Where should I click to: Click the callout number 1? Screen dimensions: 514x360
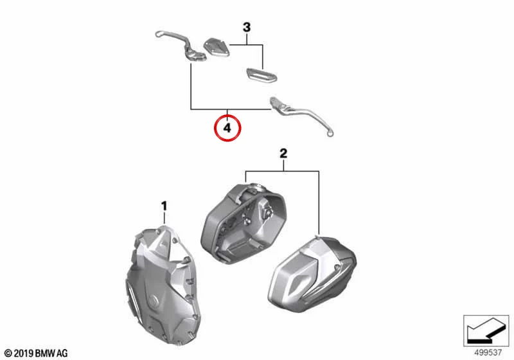164,206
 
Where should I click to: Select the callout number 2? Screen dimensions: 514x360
283,153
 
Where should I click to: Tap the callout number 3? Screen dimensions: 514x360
247,27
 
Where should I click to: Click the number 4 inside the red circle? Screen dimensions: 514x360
227,128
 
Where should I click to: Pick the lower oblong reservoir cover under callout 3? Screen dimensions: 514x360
261,75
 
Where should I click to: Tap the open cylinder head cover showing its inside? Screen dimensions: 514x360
244,221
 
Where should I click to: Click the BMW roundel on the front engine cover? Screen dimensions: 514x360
153,301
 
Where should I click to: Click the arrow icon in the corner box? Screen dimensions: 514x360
486,330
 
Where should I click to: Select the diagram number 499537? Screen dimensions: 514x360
488,353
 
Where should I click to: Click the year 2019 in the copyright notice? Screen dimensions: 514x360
24,354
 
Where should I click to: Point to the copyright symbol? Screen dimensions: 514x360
9,354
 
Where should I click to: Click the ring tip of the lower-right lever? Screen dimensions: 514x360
330,132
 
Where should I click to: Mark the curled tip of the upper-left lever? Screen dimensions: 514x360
158,33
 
